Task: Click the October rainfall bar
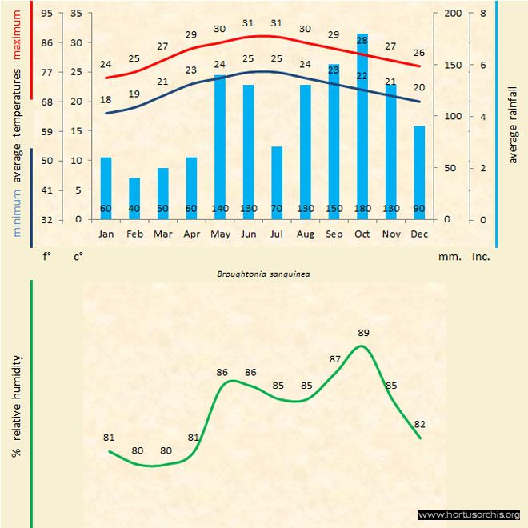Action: pyautogui.click(x=362, y=128)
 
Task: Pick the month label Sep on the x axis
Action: pyautogui.click(x=334, y=234)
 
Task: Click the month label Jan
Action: pyautogui.click(x=106, y=234)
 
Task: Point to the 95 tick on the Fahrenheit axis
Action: pyautogui.click(x=47, y=14)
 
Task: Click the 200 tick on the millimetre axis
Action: pyautogui.click(x=453, y=14)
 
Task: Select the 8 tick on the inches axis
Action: pyautogui.click(x=482, y=14)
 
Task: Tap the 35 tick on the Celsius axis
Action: pyautogui.click(x=77, y=14)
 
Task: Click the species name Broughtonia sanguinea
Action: pyautogui.click(x=264, y=273)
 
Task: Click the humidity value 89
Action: pyautogui.click(x=364, y=333)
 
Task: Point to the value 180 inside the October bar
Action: pyautogui.click(x=362, y=209)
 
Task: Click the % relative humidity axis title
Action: pyautogui.click(x=16, y=406)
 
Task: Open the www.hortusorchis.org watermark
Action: pyautogui.click(x=470, y=514)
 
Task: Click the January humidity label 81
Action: pyautogui.click(x=110, y=438)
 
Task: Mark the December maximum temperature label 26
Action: pyautogui.click(x=419, y=52)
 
